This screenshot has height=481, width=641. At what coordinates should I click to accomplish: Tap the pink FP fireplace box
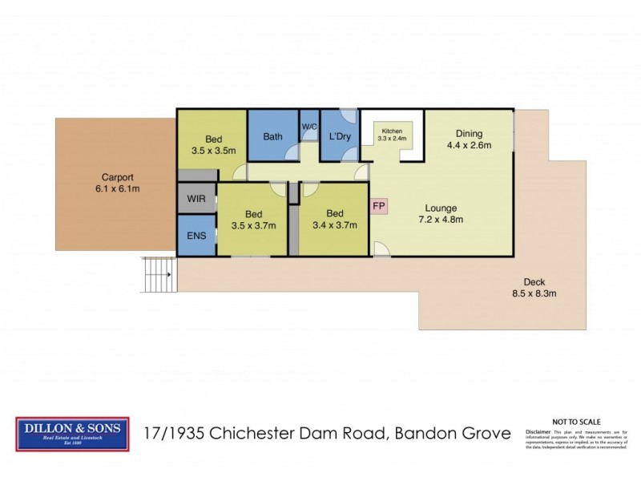click(379, 205)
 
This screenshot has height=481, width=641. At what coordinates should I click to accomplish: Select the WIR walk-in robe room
click(196, 197)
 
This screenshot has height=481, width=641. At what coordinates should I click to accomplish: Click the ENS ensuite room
click(196, 236)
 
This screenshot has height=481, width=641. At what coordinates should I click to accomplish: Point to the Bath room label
click(272, 136)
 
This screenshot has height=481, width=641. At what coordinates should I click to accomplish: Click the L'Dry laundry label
click(341, 136)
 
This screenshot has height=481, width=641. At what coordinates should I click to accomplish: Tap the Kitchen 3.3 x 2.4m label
click(393, 134)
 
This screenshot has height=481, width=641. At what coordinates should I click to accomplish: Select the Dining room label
click(469, 134)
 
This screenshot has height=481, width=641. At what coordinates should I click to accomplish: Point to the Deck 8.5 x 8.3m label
click(534, 287)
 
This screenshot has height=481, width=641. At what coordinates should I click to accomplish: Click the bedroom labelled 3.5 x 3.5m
click(212, 143)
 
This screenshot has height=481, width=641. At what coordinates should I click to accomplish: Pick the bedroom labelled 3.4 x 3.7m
click(335, 219)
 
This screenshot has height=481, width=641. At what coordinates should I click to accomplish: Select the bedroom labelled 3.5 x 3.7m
click(253, 219)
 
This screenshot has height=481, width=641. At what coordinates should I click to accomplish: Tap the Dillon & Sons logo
click(72, 434)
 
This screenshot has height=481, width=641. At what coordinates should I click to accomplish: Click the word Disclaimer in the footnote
click(541, 431)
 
